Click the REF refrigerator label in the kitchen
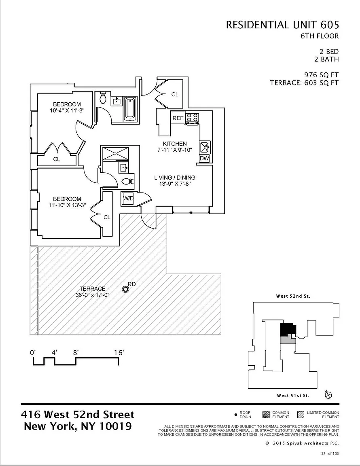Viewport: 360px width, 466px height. pyautogui.click(x=178, y=118)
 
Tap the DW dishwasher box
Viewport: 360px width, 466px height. pyautogui.click(x=204, y=158)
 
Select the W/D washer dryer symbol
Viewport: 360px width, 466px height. pyautogui.click(x=128, y=199)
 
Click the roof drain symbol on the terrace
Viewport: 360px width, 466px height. pyautogui.click(x=125, y=289)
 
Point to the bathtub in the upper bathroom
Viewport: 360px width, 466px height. pyautogui.click(x=130, y=108)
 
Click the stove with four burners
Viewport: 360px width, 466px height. pyautogui.click(x=193, y=117)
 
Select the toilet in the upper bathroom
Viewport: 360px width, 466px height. pyautogui.click(x=103, y=97)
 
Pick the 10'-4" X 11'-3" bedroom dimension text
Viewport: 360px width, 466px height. pyautogui.click(x=67, y=110)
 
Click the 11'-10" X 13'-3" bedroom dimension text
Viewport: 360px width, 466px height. pyautogui.click(x=67, y=205)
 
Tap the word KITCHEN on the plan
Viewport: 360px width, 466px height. pyautogui.click(x=175, y=144)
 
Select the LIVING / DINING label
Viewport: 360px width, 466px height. pyautogui.click(x=175, y=178)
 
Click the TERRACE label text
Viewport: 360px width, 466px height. pyautogui.click(x=92, y=289)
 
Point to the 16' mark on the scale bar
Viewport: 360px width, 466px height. pyautogui.click(x=119, y=353)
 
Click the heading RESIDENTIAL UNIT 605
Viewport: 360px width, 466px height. pyautogui.click(x=282, y=25)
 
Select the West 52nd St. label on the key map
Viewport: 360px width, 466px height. pyautogui.click(x=293, y=297)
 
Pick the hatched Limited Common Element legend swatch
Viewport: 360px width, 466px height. pyautogui.click(x=300, y=415)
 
